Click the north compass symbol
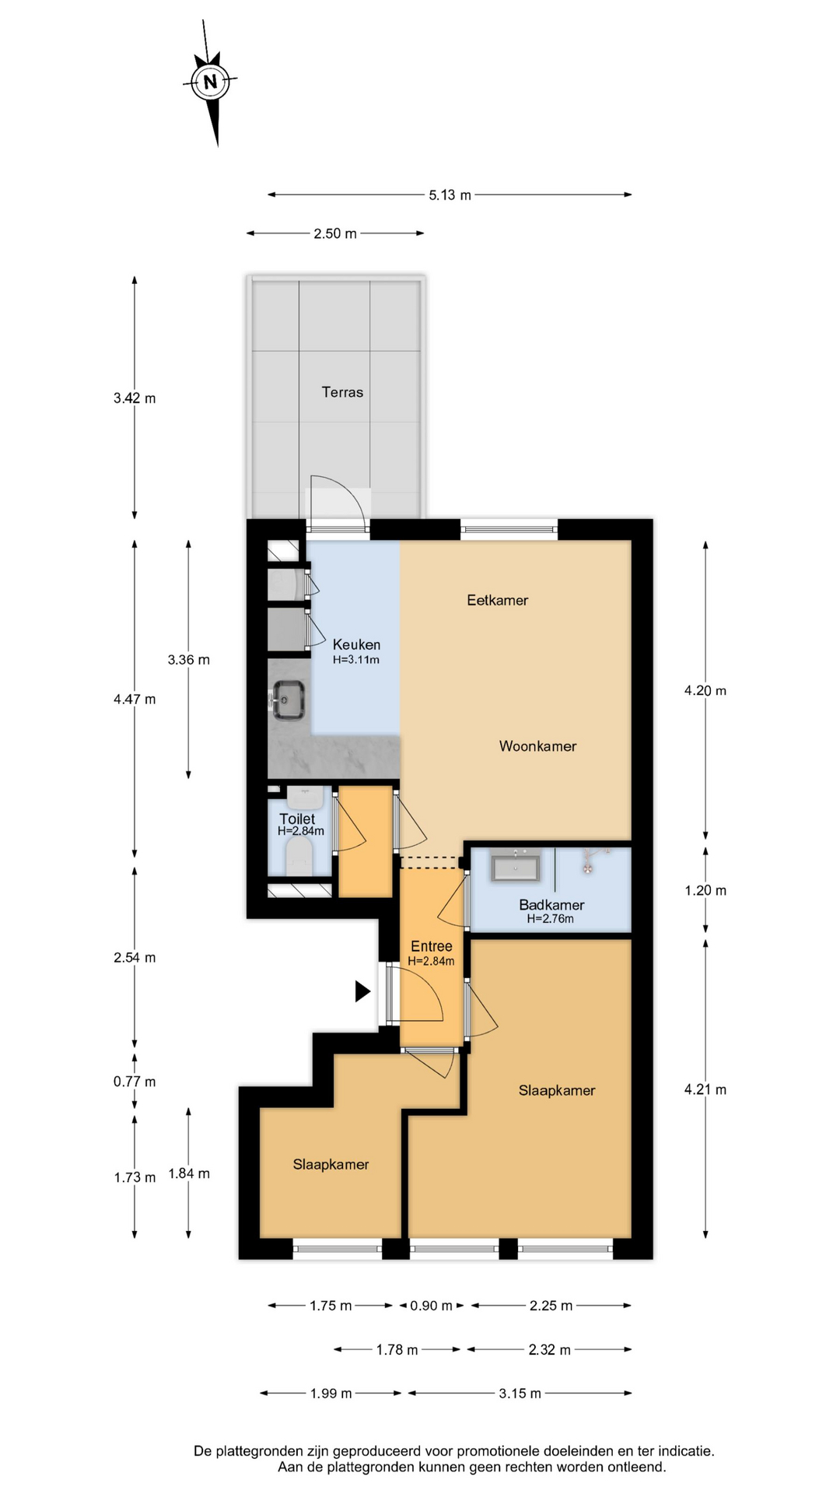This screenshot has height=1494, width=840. click(x=210, y=81)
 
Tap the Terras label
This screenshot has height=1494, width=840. click(x=342, y=392)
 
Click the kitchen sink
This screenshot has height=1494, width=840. click(x=289, y=699)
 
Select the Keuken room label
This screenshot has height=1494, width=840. click(x=356, y=644)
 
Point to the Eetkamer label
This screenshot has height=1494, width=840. click(x=497, y=600)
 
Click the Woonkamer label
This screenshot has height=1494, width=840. click(x=537, y=746)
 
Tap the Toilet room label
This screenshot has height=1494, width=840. click(x=297, y=819)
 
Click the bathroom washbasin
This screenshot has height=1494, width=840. click(x=515, y=867)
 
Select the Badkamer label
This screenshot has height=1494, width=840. click(x=551, y=905)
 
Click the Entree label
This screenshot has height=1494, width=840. click(x=431, y=946)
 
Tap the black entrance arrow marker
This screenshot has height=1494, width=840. click(x=362, y=991)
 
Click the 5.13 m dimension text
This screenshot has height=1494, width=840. click(x=450, y=195)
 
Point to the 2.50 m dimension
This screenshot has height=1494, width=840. click(x=335, y=233)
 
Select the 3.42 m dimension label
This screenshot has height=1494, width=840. click(x=135, y=398)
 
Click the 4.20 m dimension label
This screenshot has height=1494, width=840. click(x=705, y=691)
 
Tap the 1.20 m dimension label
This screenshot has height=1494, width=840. click(x=705, y=891)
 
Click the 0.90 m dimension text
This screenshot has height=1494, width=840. click(x=431, y=1306)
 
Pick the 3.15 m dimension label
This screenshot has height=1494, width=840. click(x=520, y=1394)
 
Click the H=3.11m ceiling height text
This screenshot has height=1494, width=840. click(x=356, y=660)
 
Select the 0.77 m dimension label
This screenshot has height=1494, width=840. click(x=135, y=1082)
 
